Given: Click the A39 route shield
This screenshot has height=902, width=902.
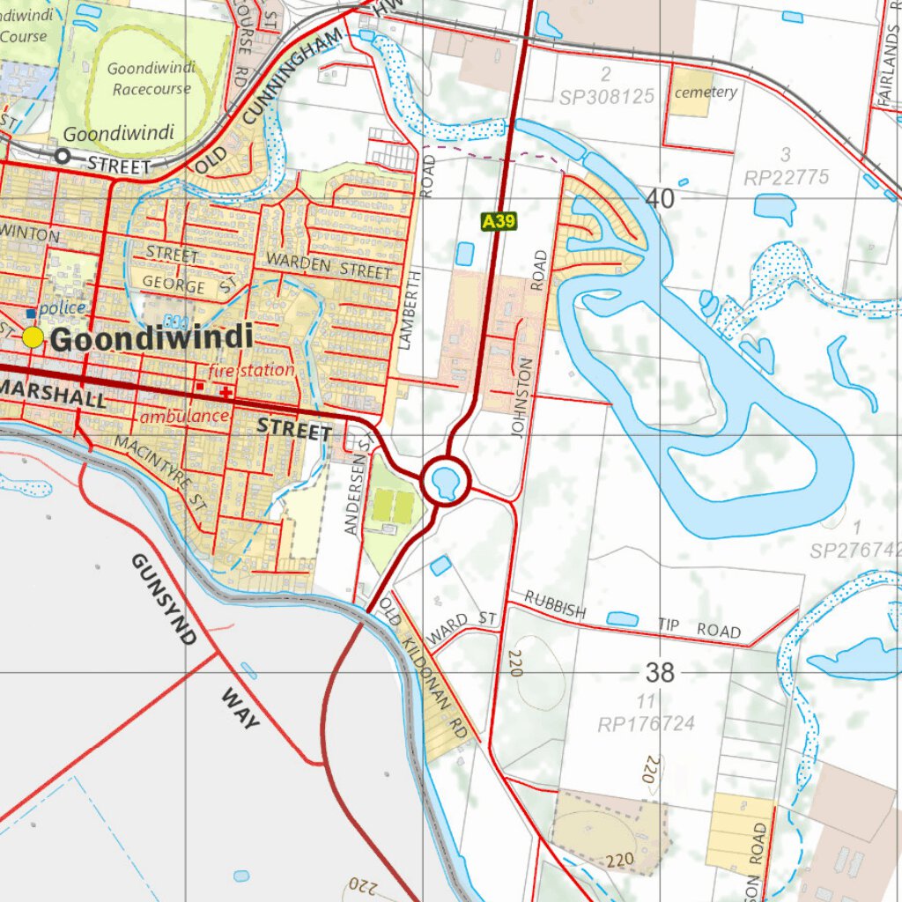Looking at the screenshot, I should pos(499,221).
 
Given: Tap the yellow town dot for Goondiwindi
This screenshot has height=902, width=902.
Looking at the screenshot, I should pos(33,337).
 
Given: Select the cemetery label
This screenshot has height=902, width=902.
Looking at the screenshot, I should pos(706,92).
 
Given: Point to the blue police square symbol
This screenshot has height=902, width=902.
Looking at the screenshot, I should pos(32,313).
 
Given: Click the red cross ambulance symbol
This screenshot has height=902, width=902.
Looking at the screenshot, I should pos(226,391).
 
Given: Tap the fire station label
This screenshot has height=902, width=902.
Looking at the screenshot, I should pos(252,370).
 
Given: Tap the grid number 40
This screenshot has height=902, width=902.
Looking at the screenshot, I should pos(660,199).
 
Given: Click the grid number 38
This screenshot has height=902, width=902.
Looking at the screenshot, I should pos(660,673).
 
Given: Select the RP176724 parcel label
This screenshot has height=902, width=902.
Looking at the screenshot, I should pos(646,724).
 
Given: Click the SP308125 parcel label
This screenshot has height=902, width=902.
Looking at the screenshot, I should pos(607,95).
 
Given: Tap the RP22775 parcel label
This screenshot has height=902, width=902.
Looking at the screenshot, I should pos(786,178).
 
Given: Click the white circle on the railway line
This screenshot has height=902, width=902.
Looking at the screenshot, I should pos(62,156).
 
